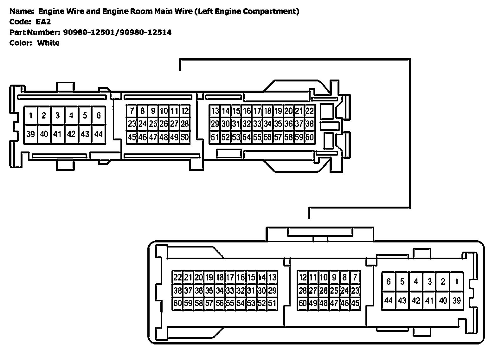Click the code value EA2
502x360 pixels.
point(43,22)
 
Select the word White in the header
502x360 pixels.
point(48,43)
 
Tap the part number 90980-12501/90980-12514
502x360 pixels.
point(117,32)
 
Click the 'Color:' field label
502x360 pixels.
point(21,43)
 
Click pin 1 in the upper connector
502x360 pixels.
point(31,115)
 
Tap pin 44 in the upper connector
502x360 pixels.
point(99,134)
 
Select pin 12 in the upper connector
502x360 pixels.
point(185,111)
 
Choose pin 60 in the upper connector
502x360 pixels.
point(309,137)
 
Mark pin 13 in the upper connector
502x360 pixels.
point(215,111)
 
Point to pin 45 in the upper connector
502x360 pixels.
point(132,137)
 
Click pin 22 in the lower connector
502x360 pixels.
point(177,278)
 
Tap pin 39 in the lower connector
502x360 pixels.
point(456,300)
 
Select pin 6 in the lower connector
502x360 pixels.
point(389,281)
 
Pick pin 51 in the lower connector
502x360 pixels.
point(272,303)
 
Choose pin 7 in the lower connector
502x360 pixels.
point(355,278)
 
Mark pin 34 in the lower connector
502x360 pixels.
point(220,291)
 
